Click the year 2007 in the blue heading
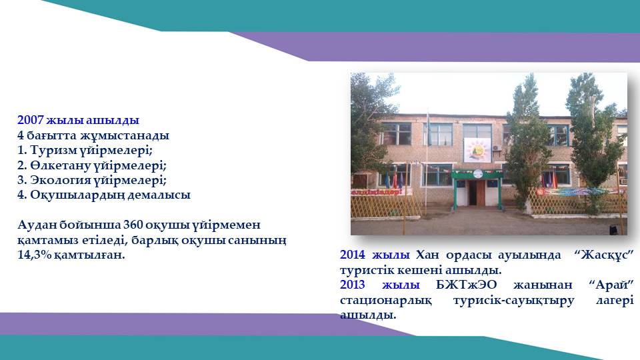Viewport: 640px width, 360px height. [31, 121]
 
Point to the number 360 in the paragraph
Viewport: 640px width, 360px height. [133, 225]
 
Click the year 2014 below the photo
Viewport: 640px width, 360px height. [352, 255]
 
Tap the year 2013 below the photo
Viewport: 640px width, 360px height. [352, 285]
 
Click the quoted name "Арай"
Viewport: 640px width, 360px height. [611, 284]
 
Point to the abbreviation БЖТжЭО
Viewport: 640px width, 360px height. [466, 285]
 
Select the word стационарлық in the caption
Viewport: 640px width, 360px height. [385, 301]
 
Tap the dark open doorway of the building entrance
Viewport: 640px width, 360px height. [472, 193]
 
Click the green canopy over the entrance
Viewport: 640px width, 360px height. [477, 174]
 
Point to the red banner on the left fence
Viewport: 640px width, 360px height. [381, 192]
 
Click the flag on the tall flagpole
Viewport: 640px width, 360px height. [429, 127]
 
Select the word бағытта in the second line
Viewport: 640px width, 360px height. [51, 135]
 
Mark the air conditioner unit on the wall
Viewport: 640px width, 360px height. [497, 148]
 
